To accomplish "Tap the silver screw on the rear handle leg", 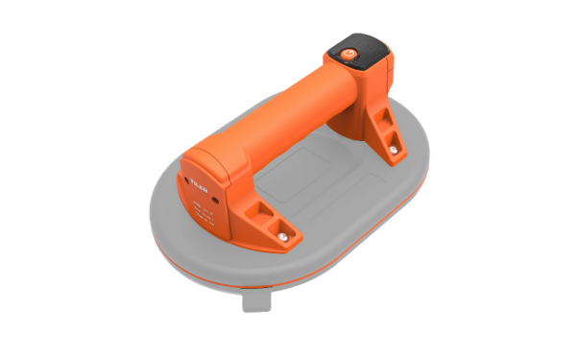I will [x=393, y=150].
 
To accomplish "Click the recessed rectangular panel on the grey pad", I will [x=317, y=187].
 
